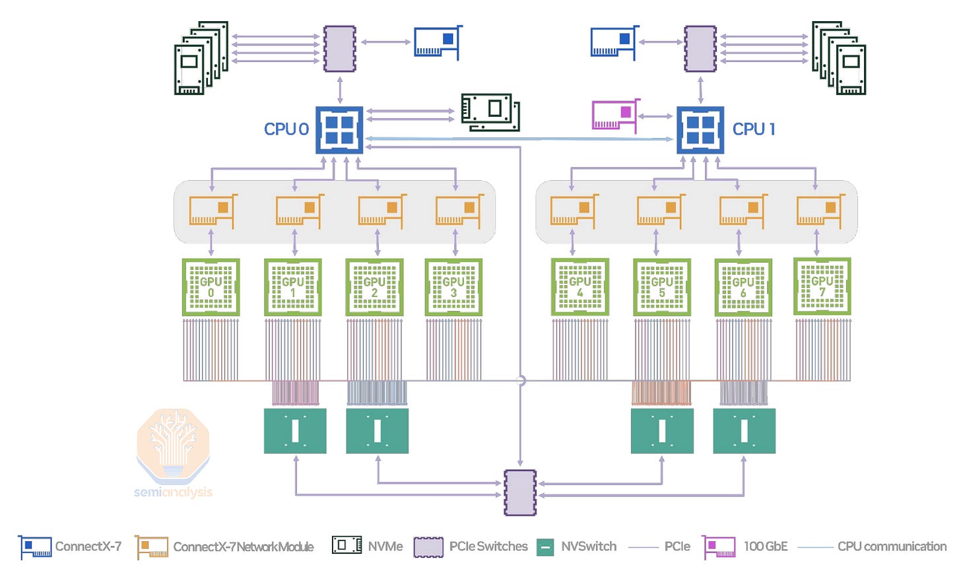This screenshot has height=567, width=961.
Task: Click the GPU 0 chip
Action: pos(211,287)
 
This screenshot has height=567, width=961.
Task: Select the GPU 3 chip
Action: pos(453,287)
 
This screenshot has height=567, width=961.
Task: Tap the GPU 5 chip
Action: pos(662,287)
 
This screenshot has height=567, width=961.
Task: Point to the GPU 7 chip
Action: pos(822,286)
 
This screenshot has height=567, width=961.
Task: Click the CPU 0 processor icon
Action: pos(339,130)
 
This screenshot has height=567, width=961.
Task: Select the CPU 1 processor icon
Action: pos(700,130)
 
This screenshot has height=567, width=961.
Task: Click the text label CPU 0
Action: pos(286,129)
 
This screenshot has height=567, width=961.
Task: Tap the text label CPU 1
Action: pos(754,129)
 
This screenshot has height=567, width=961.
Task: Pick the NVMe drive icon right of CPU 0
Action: pos(490,112)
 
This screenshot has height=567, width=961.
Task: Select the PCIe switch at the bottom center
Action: pos(520,492)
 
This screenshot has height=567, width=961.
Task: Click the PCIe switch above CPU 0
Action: pos(340,49)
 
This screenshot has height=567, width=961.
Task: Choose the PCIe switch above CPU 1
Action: pos(700,49)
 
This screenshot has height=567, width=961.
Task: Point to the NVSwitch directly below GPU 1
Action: pos(295,431)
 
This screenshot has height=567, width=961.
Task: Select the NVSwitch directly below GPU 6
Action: pos(744,431)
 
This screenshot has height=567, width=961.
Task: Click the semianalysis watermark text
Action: pos(173,492)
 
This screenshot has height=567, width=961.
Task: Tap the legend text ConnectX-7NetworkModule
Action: pos(243,547)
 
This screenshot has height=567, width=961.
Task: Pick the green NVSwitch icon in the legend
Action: pos(545,547)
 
